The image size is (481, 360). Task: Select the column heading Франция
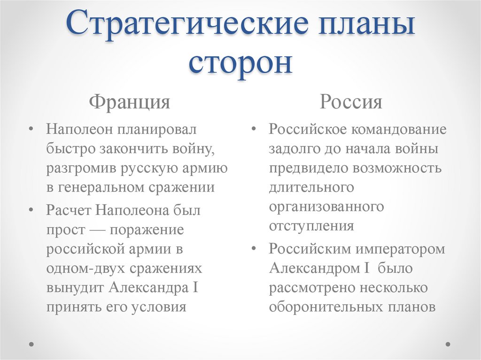click(130, 101)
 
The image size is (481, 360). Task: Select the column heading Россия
click(351, 101)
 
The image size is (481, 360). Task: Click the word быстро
click(70, 149)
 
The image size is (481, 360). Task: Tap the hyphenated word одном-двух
click(82, 268)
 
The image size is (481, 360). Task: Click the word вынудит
click(75, 287)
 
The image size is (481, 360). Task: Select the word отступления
click(311, 226)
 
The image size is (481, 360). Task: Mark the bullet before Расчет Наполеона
click(31, 210)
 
